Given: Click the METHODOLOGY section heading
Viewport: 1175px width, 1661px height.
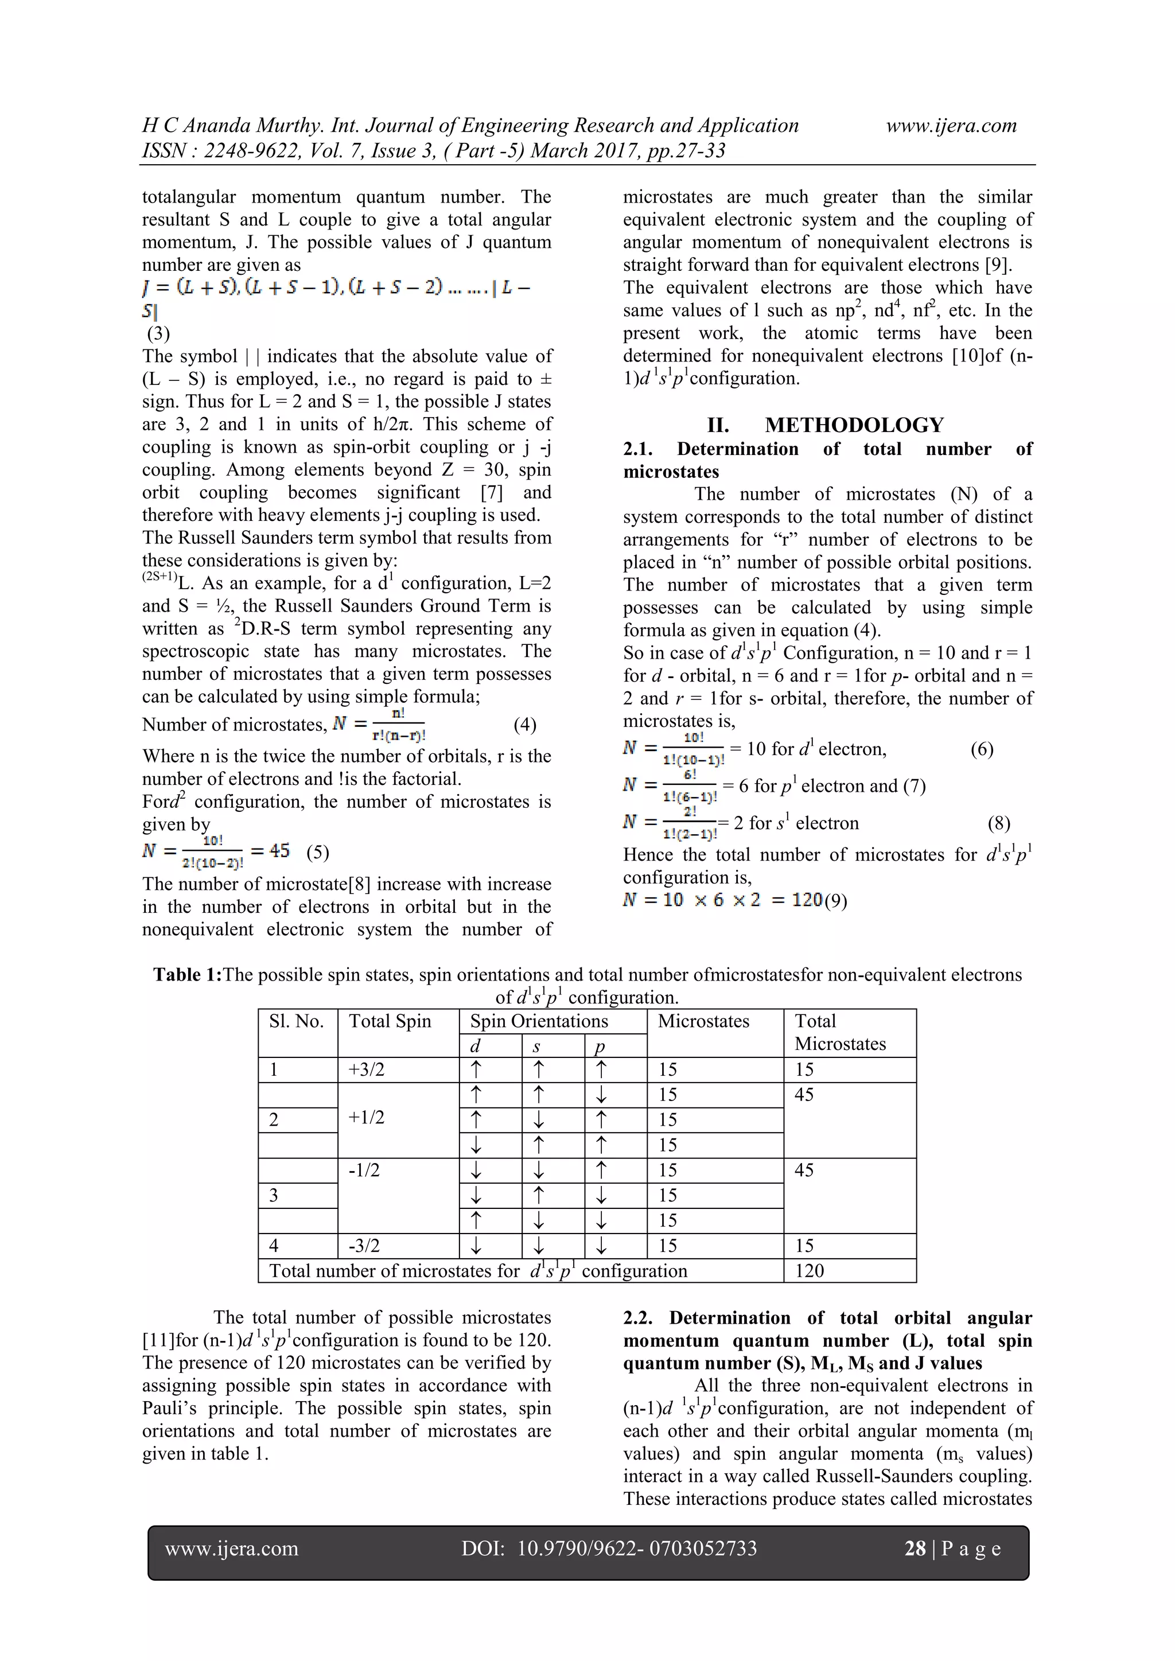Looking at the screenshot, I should coord(854,425).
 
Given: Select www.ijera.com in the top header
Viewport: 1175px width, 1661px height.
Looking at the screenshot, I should coord(951,126).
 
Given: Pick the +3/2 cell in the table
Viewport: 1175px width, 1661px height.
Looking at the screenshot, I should coord(366,1070).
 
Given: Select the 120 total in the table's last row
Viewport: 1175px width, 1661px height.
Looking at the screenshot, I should coord(809,1271).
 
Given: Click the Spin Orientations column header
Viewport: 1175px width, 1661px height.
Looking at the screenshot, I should coord(539,1021).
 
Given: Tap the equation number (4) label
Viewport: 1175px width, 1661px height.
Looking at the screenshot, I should coord(524,725).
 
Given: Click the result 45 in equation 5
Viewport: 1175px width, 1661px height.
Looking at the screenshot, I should coord(279,851).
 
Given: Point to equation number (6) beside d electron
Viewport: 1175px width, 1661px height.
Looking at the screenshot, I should coord(982,749).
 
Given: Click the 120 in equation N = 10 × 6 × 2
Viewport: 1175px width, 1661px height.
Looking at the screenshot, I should coord(807,900).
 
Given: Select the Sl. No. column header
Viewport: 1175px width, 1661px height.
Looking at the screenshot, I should coord(296,1021).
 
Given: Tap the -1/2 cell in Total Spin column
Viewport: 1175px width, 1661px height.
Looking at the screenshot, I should coord(363,1170).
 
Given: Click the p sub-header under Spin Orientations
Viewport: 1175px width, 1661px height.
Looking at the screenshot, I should coord(600,1046).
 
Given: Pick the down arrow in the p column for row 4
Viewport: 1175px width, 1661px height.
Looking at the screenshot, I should coord(601,1246).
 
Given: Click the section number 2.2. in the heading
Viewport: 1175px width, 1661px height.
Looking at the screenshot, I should coord(640,1318).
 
